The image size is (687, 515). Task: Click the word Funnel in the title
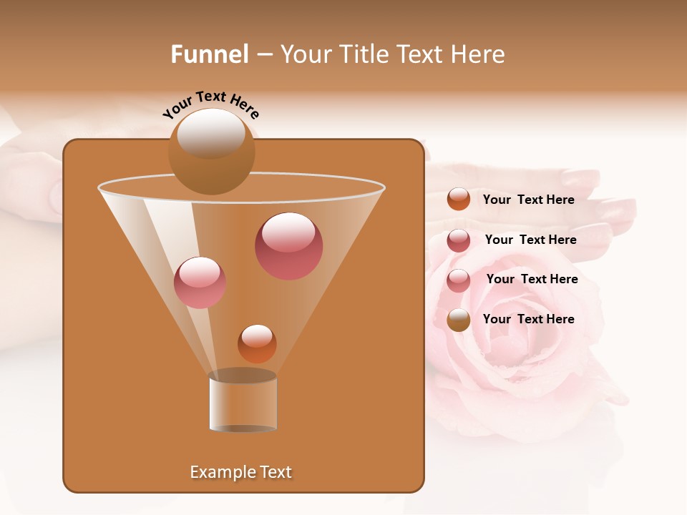(209, 54)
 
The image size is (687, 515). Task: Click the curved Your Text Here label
(210, 104)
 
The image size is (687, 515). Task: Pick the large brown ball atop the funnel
(211, 151)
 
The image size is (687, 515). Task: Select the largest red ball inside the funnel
(288, 245)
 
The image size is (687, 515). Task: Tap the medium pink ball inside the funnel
(200, 282)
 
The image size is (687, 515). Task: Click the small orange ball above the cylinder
(257, 343)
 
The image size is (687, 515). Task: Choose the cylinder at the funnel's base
(243, 402)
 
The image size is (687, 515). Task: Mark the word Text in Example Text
(275, 472)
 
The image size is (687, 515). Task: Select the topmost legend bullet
(458, 199)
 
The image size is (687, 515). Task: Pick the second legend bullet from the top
(458, 240)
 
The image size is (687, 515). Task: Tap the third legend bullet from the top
(458, 280)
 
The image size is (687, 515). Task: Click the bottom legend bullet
(458, 320)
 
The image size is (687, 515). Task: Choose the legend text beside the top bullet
(528, 200)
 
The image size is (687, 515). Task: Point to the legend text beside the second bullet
(530, 240)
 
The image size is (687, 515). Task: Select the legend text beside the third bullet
(532, 279)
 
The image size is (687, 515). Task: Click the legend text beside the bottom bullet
(528, 319)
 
